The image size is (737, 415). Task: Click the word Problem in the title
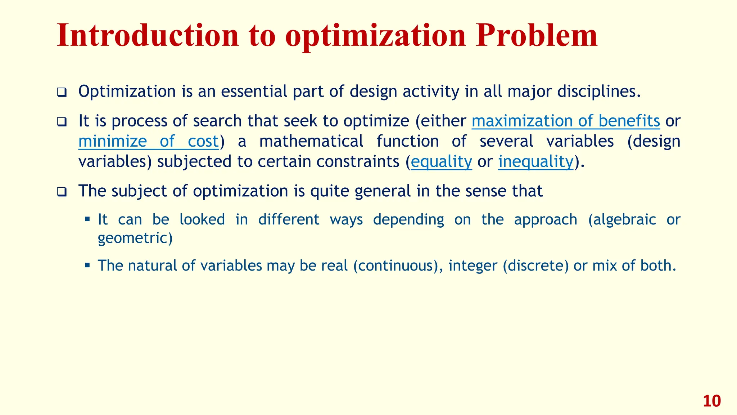click(536, 36)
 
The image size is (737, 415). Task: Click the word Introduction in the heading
click(148, 36)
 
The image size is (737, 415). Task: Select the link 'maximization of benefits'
click(566, 121)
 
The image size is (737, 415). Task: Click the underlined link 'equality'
click(441, 162)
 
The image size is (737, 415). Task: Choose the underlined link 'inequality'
click(535, 162)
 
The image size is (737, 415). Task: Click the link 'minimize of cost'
click(149, 141)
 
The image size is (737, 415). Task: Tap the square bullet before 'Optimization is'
click(62, 93)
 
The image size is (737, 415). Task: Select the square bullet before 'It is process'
click(62, 122)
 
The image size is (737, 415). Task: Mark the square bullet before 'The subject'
click(62, 192)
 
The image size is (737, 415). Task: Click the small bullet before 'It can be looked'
click(87, 219)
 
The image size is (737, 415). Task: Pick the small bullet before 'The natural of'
click(87, 265)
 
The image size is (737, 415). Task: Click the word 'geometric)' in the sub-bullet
click(135, 238)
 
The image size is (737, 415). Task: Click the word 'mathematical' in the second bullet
click(311, 141)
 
